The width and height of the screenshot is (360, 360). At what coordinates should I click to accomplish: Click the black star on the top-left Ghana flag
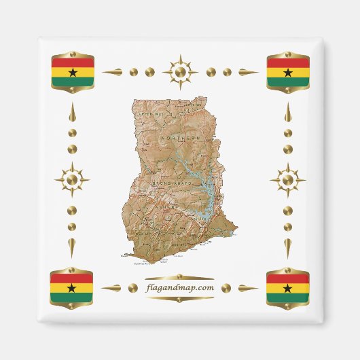[73, 72]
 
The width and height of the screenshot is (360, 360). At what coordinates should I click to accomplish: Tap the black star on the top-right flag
[288, 72]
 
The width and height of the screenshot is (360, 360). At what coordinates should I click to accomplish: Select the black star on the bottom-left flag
[72, 287]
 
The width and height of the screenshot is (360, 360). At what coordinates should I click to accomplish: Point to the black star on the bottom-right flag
[288, 287]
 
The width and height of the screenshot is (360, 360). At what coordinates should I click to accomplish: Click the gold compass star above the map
[180, 71]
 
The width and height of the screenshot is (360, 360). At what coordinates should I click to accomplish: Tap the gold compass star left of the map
[72, 180]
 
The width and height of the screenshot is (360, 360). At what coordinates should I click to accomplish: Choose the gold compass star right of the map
[288, 180]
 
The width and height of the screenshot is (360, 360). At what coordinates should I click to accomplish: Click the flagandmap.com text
[180, 288]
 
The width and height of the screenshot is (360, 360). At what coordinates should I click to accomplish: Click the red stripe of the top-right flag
[288, 62]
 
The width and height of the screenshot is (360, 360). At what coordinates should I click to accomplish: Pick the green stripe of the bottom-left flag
[72, 297]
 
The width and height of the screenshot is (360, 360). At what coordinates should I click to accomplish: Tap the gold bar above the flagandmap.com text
[180, 277]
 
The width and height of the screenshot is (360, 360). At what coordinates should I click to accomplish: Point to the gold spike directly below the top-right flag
[288, 113]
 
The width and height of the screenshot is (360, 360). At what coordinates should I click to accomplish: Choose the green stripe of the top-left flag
[73, 82]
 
